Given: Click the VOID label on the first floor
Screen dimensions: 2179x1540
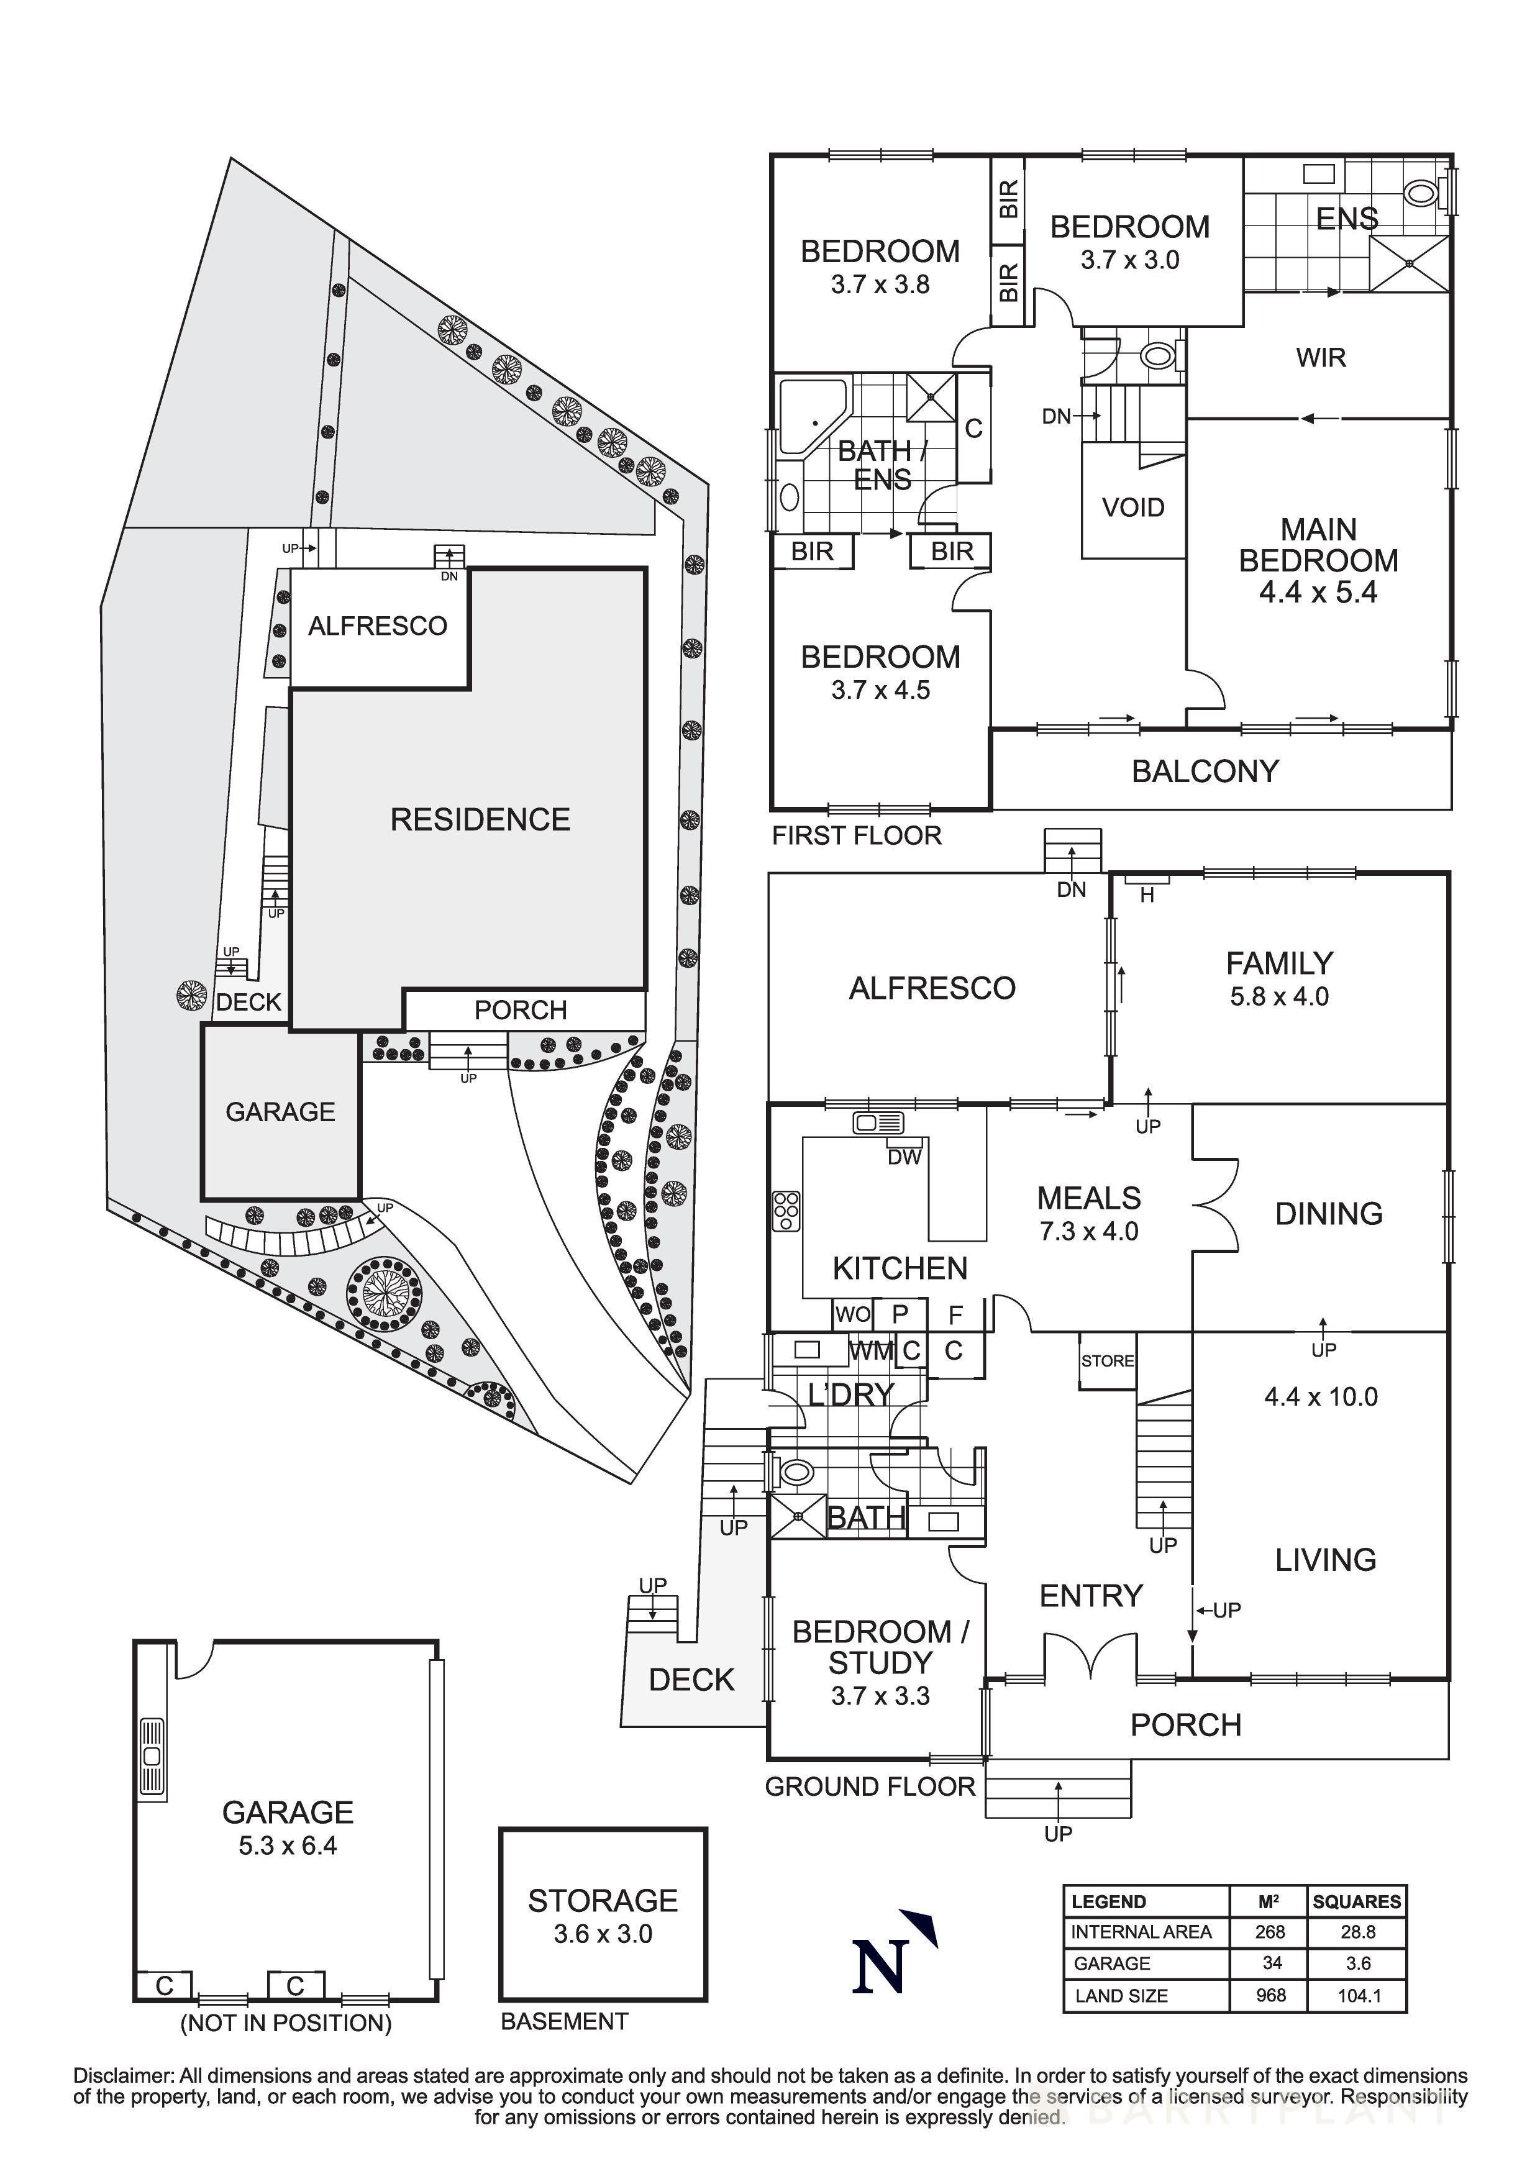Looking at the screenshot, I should [1133, 507].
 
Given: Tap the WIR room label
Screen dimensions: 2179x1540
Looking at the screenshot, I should [1321, 358].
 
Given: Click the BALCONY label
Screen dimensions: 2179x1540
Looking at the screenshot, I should [1205, 771].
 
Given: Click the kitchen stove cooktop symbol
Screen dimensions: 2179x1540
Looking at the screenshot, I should [786, 1211].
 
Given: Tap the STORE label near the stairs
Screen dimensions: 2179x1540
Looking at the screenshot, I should [1107, 1361].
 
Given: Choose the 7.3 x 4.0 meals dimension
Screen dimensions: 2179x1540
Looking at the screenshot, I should [1088, 1231].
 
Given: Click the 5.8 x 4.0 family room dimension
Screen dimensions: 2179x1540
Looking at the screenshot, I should [1279, 996].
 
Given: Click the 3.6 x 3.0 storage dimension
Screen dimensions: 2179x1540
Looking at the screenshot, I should [603, 1934].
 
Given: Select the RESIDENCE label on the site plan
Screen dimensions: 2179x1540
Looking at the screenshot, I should [480, 819].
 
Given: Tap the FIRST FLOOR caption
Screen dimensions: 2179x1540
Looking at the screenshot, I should [856, 835].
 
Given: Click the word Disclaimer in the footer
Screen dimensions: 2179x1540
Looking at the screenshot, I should [124, 2077].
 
